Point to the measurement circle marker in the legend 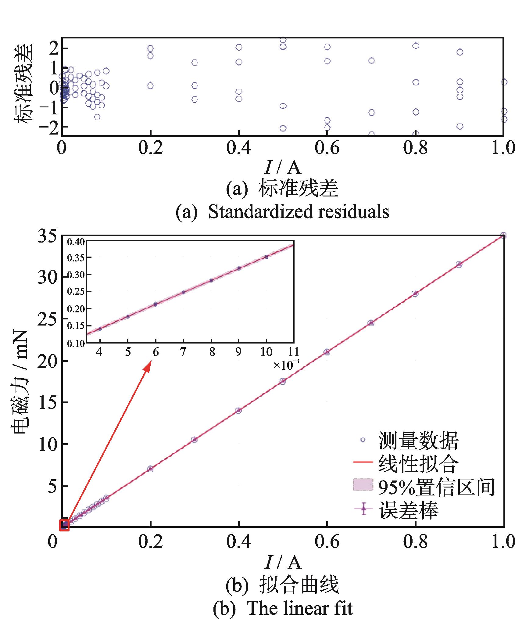click(363, 439)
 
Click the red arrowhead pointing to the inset click(148, 365)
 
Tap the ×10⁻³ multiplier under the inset click(286, 365)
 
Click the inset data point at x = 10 click(266, 257)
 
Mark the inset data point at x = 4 click(100, 328)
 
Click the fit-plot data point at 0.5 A click(283, 381)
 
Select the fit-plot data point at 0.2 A click(150, 469)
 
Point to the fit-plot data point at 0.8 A click(415, 293)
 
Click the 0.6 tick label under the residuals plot click(327, 148)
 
